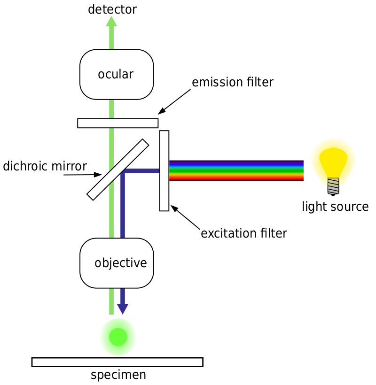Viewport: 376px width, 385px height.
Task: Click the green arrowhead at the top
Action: pos(111,22)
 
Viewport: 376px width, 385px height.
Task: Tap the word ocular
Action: pos(116,74)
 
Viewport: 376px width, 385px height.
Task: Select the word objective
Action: pos(121,263)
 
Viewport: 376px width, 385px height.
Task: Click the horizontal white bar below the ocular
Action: pos(117,123)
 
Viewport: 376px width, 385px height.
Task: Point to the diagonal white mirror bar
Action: pos(118,169)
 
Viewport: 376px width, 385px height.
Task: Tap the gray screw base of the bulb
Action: pos(333,186)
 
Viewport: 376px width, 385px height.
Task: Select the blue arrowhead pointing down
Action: pos(123,308)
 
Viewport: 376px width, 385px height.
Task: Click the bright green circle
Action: pos(118,337)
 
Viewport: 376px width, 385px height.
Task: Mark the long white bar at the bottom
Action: pos(117,362)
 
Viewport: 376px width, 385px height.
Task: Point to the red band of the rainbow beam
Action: pos(235,178)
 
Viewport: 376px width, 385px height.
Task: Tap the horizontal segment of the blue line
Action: pos(141,171)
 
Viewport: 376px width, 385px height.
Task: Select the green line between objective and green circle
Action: pos(111,300)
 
